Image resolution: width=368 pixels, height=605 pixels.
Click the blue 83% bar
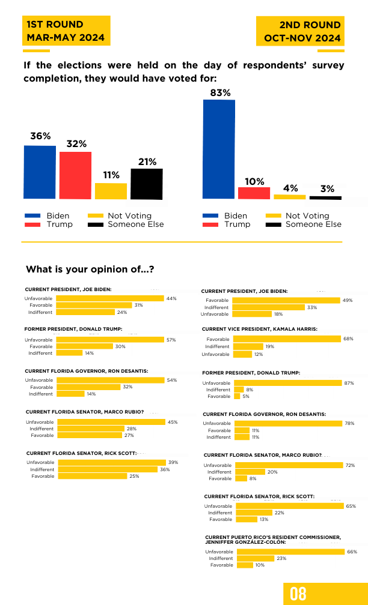click(x=219, y=149)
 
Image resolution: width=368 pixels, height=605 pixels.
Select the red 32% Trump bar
click(x=75, y=175)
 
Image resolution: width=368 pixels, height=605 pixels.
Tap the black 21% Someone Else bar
click(x=147, y=184)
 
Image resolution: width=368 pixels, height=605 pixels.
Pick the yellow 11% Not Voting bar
click(x=111, y=191)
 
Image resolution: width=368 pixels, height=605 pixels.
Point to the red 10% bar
click(x=254, y=193)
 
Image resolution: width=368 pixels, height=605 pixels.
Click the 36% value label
click(x=41, y=136)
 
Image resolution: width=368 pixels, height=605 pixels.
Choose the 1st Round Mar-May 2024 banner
click(x=66, y=31)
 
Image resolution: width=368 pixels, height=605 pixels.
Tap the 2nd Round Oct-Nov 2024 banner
click(x=301, y=31)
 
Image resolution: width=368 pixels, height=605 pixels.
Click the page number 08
click(x=298, y=594)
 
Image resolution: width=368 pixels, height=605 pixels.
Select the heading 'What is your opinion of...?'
click(x=90, y=269)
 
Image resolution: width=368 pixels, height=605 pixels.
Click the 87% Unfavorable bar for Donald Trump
click(x=287, y=383)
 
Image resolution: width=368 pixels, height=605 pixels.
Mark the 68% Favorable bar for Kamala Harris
click(x=287, y=339)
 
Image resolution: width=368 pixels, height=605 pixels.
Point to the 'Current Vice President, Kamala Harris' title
click(x=259, y=329)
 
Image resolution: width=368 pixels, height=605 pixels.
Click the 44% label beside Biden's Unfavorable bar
click(x=171, y=298)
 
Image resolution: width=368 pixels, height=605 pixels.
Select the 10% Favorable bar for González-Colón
click(x=245, y=565)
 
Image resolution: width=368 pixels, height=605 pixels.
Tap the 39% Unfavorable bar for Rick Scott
click(x=112, y=462)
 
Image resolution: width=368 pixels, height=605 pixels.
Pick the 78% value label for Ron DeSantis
click(x=349, y=423)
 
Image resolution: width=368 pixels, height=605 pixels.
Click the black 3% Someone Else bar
click(x=325, y=198)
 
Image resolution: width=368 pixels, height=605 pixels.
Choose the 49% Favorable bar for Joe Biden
click(x=286, y=300)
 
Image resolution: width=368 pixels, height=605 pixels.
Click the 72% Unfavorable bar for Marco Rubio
click(x=289, y=465)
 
